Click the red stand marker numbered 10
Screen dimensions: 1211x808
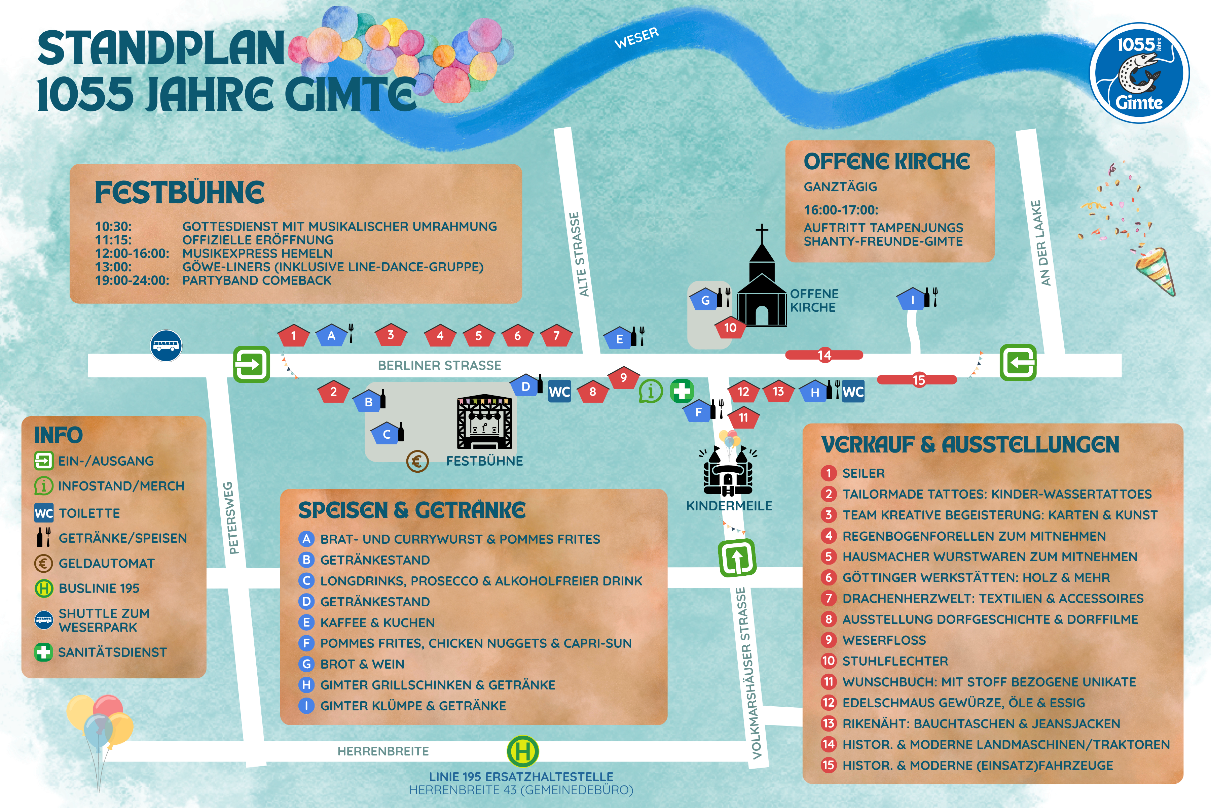[x=730, y=328]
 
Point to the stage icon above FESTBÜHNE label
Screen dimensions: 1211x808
[x=484, y=422]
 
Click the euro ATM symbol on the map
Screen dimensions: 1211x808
[x=417, y=461]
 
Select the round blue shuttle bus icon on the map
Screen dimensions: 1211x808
[x=166, y=345]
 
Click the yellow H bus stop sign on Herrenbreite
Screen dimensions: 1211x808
[x=523, y=751]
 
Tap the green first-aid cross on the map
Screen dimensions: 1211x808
[x=682, y=391]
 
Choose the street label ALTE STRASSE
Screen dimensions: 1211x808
[x=579, y=254]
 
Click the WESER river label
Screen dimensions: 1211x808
[x=636, y=38]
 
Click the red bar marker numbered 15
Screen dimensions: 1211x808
[x=917, y=380]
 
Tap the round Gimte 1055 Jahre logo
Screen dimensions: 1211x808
[x=1139, y=73]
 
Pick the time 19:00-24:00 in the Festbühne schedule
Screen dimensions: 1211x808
[x=132, y=280]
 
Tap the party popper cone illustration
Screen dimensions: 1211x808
[x=1155, y=271]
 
